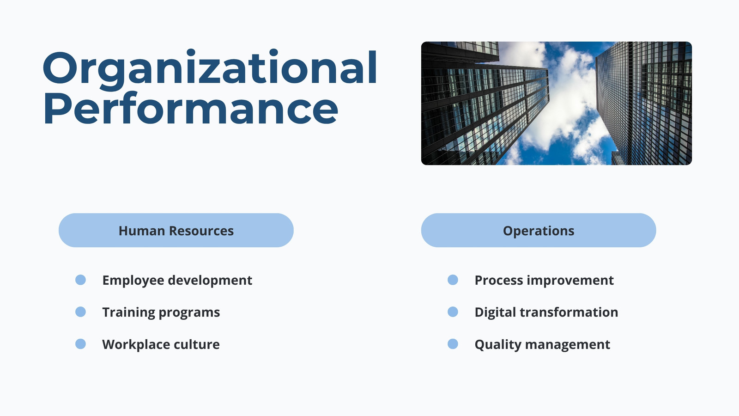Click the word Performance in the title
[191, 108]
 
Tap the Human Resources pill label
[176, 231]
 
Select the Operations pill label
[539, 231]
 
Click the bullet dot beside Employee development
[80, 280]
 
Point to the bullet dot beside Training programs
[80, 312]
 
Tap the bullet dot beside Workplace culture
[80, 344]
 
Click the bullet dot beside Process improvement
[453, 280]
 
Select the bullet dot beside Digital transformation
[453, 312]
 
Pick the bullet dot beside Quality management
[453, 344]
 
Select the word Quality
[498, 345]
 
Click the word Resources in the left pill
[201, 231]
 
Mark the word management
[568, 345]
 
